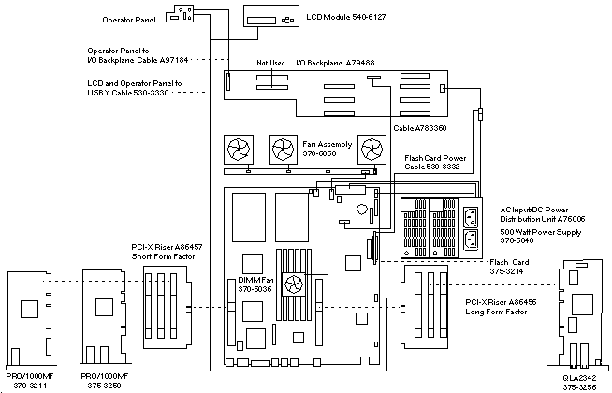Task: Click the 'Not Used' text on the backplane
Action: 271,64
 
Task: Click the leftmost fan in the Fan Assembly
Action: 238,150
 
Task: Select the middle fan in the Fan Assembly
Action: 284,150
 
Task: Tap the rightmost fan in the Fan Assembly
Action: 372,150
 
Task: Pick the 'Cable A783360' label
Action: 421,128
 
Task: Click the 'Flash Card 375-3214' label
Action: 511,266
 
